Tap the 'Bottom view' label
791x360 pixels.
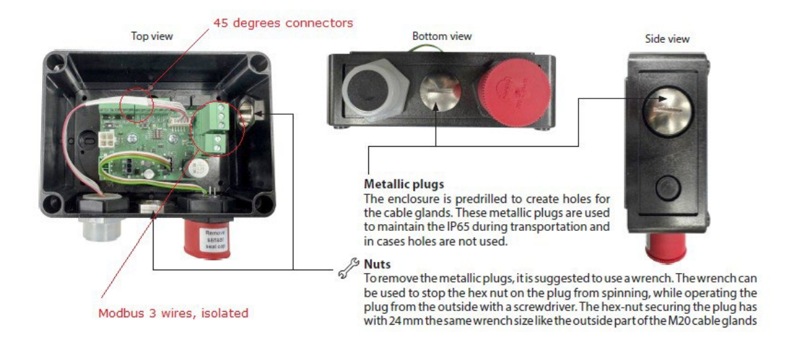pyautogui.click(x=441, y=36)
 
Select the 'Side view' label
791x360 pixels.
pyautogui.click(x=667, y=39)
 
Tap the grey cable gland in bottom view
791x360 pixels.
pyautogui.click(x=372, y=96)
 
